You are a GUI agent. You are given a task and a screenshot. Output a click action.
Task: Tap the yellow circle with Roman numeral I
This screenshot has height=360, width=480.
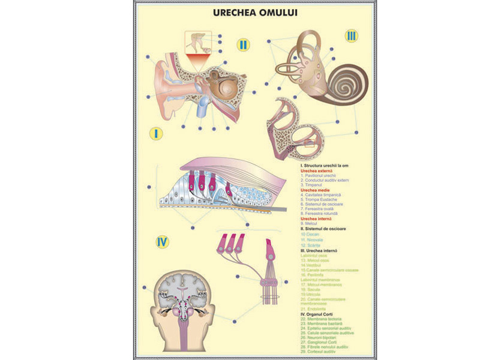[x=156, y=133]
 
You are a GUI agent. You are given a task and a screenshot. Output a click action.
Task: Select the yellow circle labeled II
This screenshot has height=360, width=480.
[x=243, y=44]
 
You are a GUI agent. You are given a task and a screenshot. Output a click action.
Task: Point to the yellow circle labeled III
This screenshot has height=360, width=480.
[x=351, y=36]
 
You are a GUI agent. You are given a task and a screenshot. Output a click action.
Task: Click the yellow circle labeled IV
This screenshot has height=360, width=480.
[x=161, y=242]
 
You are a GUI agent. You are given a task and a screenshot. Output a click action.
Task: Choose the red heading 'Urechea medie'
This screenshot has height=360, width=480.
[x=315, y=190]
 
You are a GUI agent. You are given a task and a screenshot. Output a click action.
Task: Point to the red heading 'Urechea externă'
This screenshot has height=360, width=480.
[x=317, y=170]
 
